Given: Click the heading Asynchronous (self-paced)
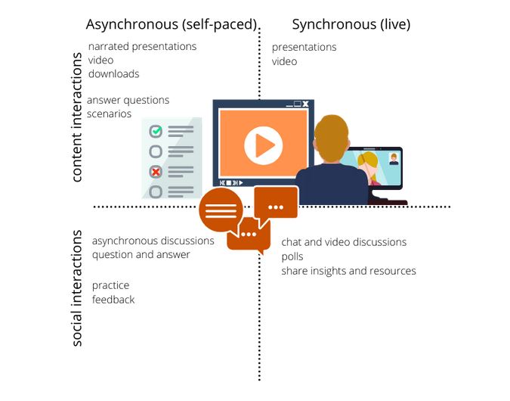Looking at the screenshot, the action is click(172, 24).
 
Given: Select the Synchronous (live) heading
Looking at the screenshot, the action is click(351, 24).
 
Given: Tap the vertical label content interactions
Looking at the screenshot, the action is click(76, 117).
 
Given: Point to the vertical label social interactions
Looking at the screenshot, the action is click(76, 288).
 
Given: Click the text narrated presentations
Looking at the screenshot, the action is click(143, 47).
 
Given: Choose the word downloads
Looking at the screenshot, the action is click(114, 74).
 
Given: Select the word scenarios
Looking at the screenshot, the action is click(110, 113).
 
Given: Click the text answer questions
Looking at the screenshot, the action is click(128, 101).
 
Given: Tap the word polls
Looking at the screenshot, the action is click(292, 256).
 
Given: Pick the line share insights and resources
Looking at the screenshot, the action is click(348, 271).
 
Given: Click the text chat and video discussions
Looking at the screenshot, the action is click(344, 242).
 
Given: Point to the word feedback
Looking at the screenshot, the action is click(113, 300).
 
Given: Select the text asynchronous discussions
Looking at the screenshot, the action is click(153, 241).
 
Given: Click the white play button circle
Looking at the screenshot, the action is click(263, 145).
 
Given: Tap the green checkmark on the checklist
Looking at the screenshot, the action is click(156, 131).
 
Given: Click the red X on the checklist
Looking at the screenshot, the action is click(156, 171).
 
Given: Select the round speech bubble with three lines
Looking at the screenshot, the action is click(221, 211).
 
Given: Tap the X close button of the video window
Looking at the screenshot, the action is click(305, 104).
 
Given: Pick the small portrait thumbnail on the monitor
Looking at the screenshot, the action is click(394, 159).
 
